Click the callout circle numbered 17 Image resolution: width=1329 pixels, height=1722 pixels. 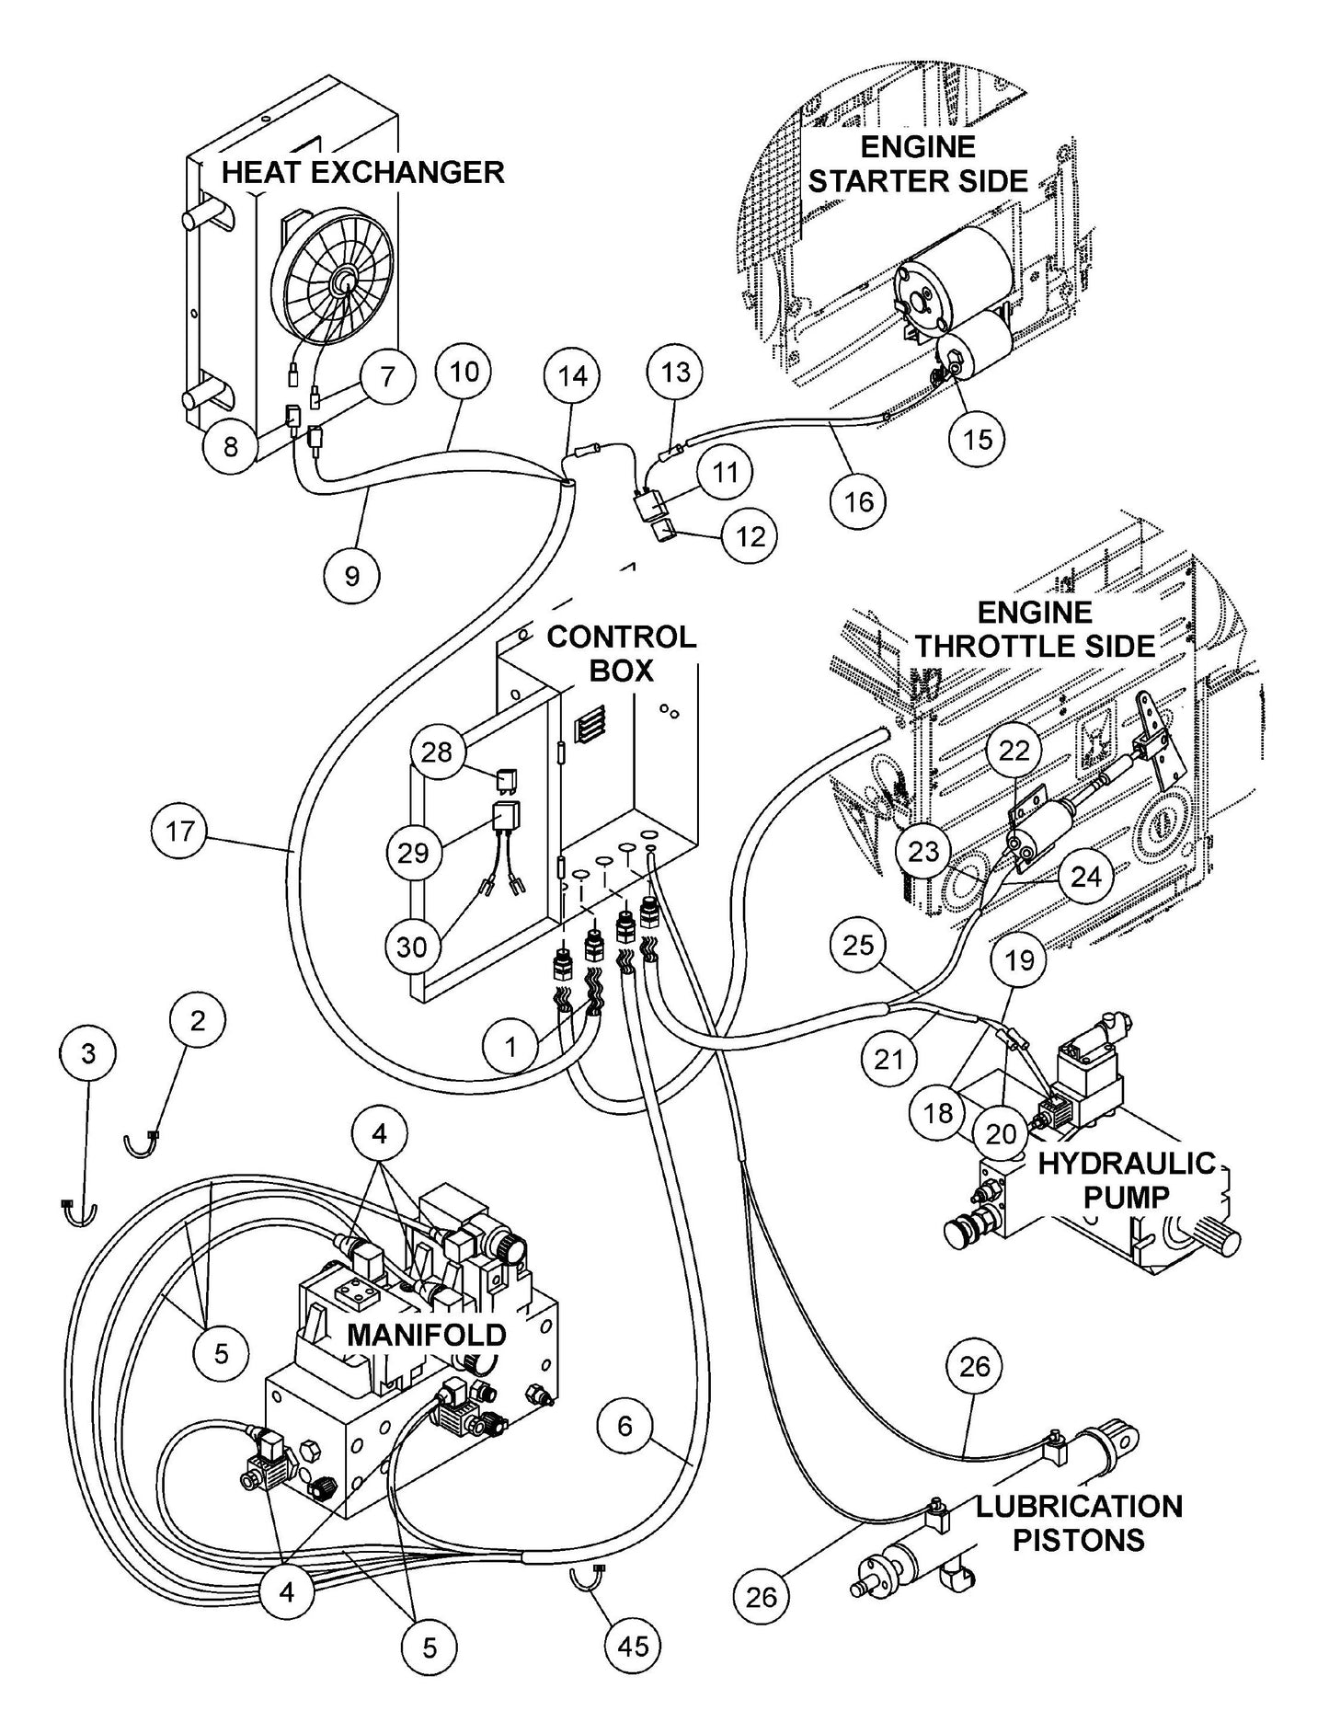180,832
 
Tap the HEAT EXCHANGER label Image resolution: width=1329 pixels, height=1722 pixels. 363,172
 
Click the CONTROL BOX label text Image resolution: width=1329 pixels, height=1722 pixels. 622,654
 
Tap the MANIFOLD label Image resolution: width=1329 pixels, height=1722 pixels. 427,1335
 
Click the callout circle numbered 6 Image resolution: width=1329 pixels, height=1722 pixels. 625,1427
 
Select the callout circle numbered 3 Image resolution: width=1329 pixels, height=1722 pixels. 88,1053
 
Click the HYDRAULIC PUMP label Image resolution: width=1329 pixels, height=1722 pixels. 1127,1180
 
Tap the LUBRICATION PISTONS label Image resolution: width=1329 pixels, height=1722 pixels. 1079,1522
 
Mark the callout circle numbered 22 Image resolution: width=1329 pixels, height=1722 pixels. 1014,752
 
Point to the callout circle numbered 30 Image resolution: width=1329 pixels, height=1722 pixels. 412,946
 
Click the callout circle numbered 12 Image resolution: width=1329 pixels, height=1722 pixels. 750,535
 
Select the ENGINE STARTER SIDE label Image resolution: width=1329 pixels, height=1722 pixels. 918,164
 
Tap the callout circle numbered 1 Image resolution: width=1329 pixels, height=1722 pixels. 511,1046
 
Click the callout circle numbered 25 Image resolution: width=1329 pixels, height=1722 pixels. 858,945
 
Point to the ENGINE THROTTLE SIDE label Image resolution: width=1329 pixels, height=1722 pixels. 1035,629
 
